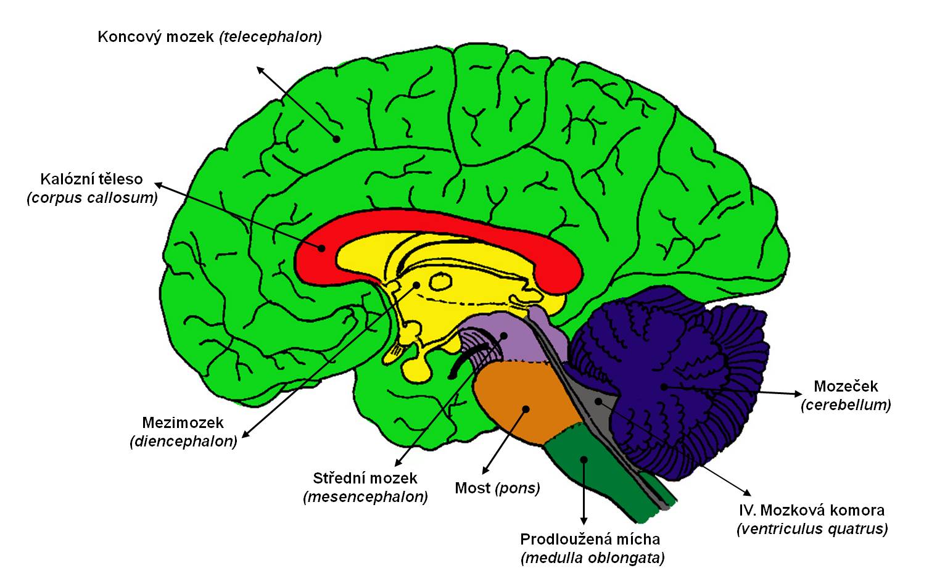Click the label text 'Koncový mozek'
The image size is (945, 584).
point(156,37)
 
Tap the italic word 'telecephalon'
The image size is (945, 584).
point(272,37)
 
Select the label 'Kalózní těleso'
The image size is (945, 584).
point(91,179)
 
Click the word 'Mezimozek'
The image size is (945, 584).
point(183,423)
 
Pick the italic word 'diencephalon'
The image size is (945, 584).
point(183,442)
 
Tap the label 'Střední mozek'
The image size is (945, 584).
point(365,479)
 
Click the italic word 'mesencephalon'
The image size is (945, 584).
point(365,497)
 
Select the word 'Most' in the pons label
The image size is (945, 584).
point(472,488)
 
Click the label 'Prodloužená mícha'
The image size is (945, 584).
point(590,540)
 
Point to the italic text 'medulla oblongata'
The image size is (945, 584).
point(593,559)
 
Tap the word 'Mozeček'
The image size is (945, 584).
point(846,387)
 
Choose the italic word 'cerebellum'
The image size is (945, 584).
point(846,405)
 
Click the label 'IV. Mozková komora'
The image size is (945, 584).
point(811,511)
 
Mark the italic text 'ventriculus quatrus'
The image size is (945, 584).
point(812,529)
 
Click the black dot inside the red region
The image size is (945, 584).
point(321,249)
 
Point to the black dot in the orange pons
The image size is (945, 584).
point(526,408)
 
